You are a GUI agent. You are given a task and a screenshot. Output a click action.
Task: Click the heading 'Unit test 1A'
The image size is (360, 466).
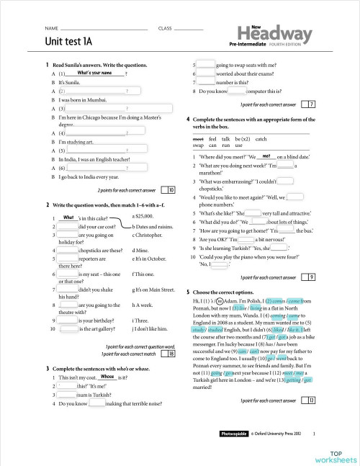70,41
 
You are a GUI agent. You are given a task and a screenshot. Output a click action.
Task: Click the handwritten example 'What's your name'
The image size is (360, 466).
94,73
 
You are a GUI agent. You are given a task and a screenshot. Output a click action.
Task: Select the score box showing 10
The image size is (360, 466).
171,190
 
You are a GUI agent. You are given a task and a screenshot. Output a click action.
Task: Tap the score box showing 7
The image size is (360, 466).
311,104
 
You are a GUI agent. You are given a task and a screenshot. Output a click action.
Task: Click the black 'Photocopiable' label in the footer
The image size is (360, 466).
233,434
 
